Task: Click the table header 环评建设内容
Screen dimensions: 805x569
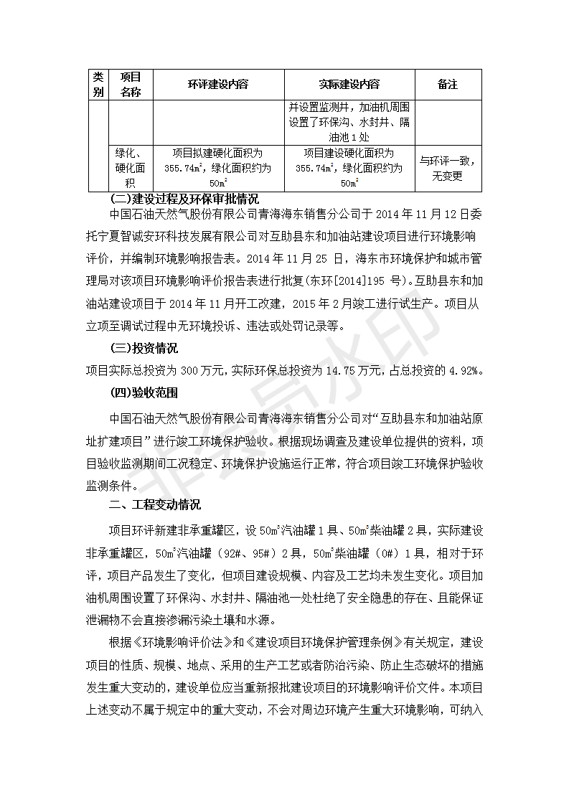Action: [x=218, y=85]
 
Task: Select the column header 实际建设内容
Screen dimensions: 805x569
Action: [x=349, y=85]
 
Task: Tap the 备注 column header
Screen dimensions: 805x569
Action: [x=447, y=85]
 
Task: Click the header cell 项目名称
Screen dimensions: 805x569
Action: [x=131, y=85]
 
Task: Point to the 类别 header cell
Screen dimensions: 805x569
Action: [x=98, y=85]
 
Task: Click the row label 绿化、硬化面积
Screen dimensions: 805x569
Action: [x=131, y=168]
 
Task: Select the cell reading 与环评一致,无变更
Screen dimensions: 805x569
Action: [x=447, y=168]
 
